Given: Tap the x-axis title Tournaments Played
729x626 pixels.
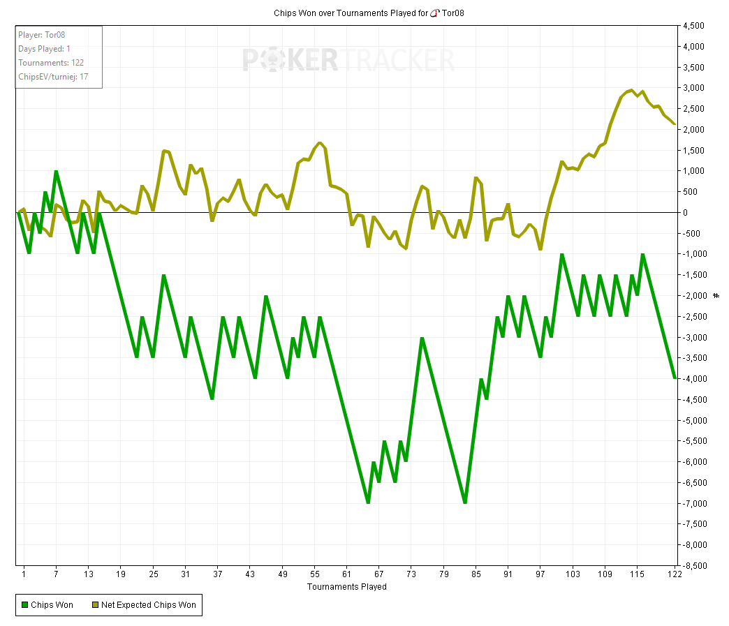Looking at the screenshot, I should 347,587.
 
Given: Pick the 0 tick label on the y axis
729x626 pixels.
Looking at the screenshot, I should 687,213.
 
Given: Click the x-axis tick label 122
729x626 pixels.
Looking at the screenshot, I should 673,574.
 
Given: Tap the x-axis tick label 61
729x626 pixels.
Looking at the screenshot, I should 347,574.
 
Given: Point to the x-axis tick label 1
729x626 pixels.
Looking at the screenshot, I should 24,574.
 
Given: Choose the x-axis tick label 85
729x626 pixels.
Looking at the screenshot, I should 476,574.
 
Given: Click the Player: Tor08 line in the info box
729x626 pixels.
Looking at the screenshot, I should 42,35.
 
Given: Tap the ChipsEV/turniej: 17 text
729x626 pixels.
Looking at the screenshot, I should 53,77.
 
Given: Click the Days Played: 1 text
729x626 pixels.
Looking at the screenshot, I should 45,49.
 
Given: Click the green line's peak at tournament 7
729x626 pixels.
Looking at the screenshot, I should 56,172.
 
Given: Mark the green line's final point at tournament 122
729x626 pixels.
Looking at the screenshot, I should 675,378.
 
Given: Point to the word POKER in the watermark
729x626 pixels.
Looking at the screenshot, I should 290,60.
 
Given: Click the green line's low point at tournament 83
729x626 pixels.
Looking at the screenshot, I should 465,502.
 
